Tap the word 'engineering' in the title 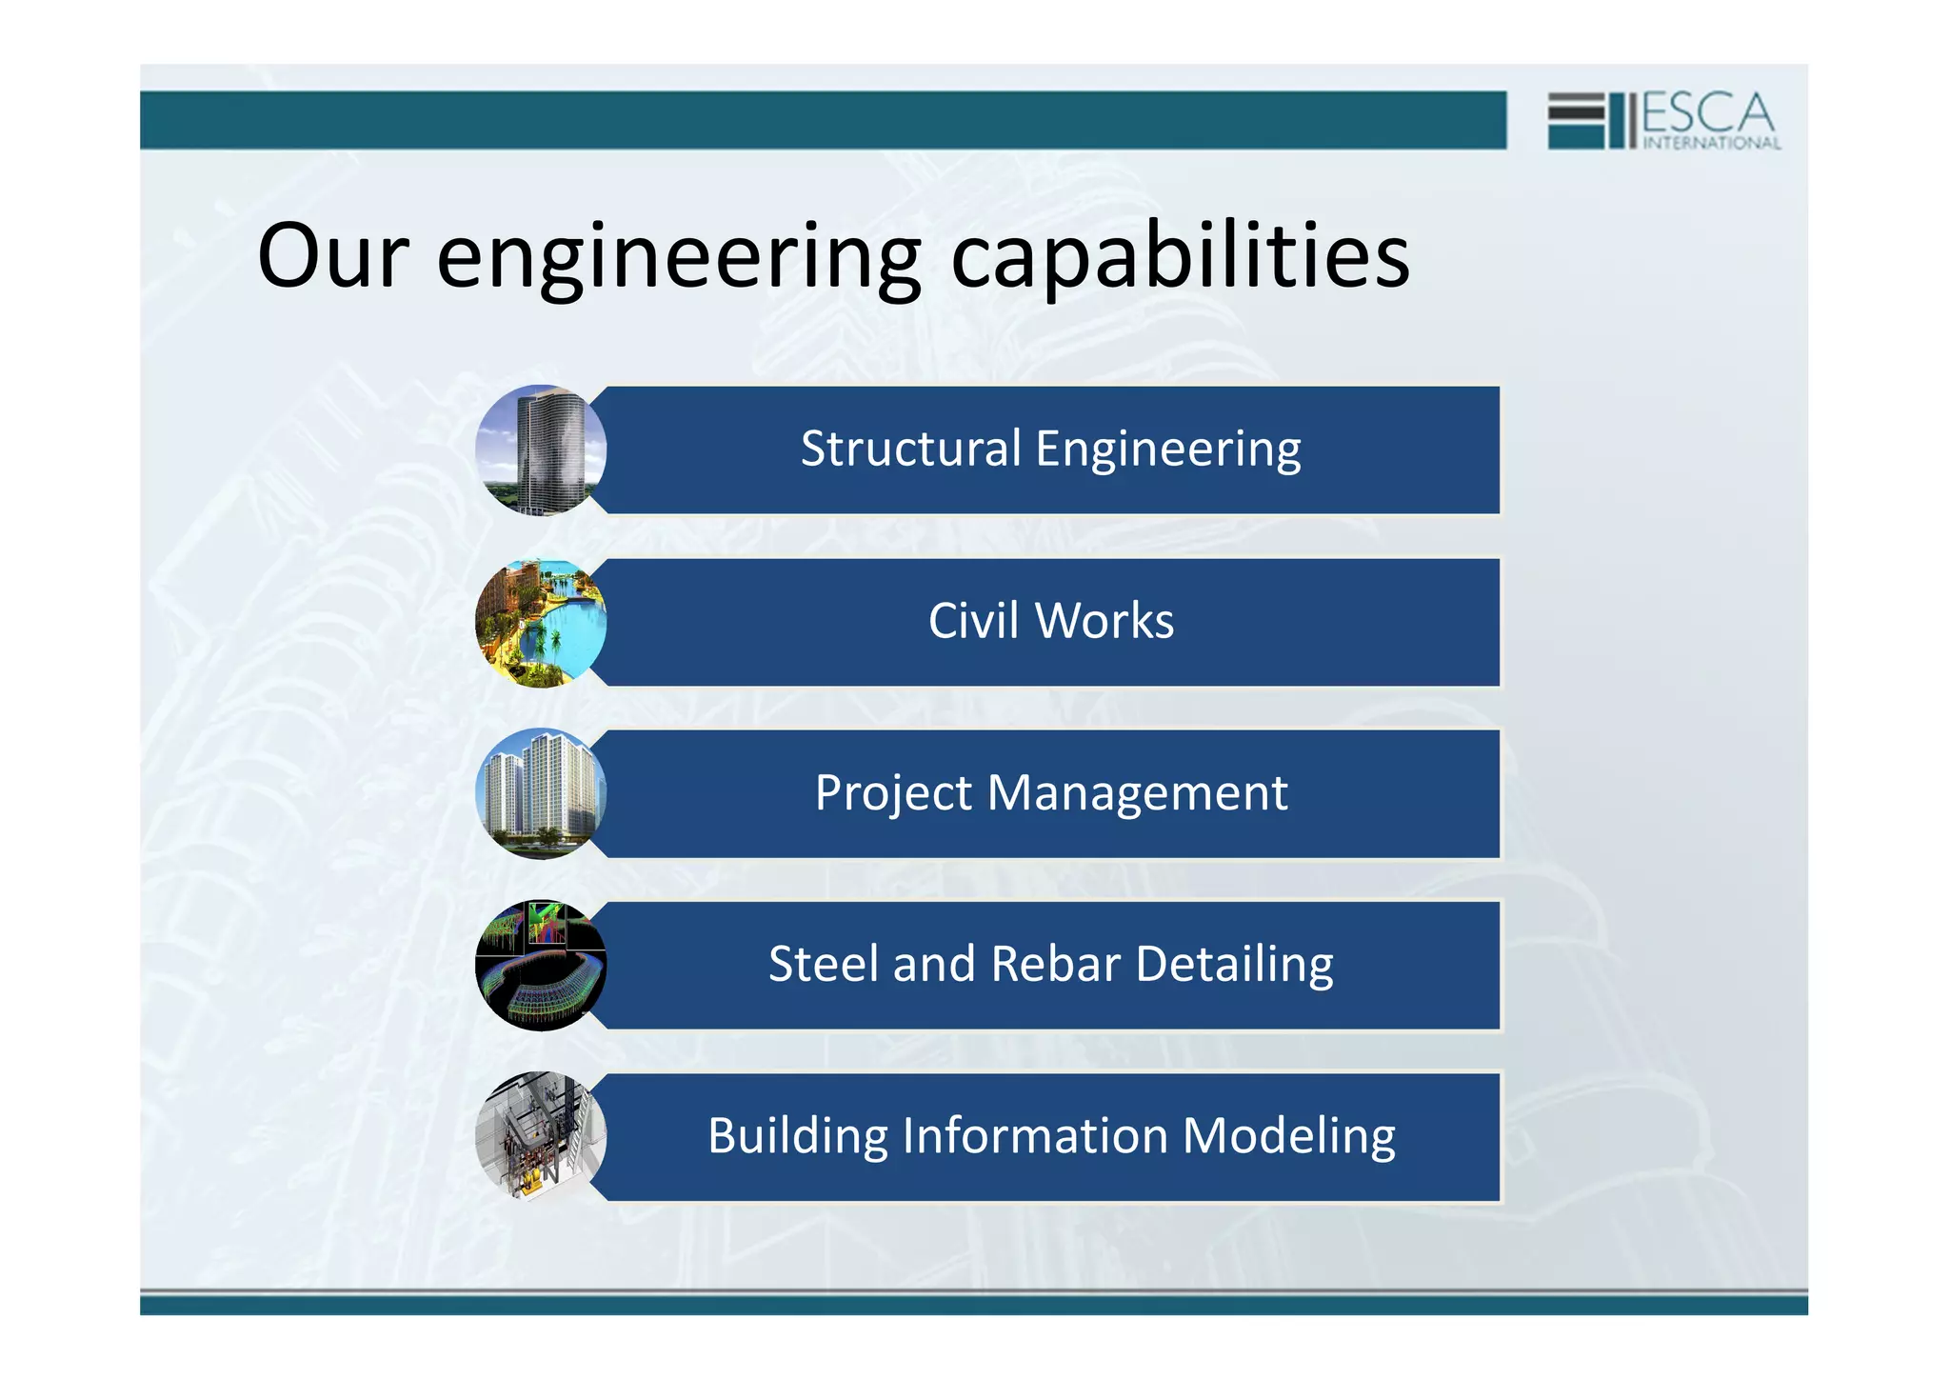click(678, 259)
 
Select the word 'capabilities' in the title click(1180, 257)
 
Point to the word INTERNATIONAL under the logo click(1711, 144)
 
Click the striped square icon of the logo click(1576, 120)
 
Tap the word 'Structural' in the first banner click(910, 449)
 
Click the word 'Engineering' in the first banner click(1167, 450)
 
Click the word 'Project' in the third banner click(893, 794)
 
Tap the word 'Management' click(1137, 793)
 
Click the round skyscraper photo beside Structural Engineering click(541, 450)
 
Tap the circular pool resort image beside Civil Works click(541, 623)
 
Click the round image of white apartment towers click(541, 793)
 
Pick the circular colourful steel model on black click(541, 965)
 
